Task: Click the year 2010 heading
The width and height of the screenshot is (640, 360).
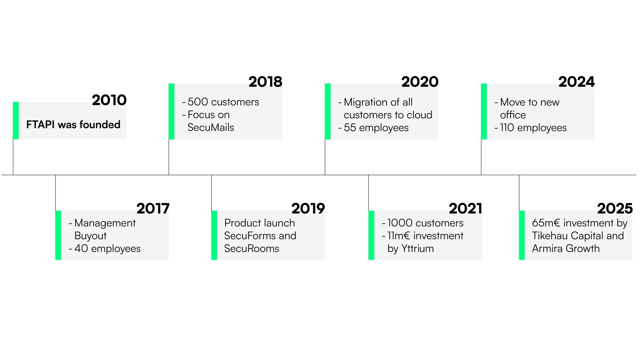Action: pos(109,100)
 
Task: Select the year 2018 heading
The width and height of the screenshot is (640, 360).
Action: pos(265,82)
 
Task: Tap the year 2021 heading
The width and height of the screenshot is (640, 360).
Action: pos(465,208)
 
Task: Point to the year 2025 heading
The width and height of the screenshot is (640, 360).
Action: pos(615,208)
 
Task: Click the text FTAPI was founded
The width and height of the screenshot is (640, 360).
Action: pos(73,125)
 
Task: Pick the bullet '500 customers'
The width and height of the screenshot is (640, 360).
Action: pos(223,102)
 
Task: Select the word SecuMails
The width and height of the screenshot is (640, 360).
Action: pos(211,127)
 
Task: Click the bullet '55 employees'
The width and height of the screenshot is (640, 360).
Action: pos(376,128)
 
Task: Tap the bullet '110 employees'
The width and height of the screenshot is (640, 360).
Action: pos(533,128)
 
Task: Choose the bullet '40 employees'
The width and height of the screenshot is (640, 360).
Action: pos(107,248)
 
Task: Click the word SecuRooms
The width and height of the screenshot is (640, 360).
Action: pos(252,248)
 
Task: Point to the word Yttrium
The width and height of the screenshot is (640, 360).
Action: pos(417,248)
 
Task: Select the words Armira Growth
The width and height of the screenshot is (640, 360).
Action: pos(566,248)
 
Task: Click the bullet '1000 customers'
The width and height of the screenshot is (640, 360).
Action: pos(425,223)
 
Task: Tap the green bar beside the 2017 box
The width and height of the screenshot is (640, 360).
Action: pos(58,235)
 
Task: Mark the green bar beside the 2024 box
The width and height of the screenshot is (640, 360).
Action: pos(484,111)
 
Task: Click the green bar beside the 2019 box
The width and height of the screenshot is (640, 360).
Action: pos(214,235)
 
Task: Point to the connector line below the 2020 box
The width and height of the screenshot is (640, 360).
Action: pos(325,157)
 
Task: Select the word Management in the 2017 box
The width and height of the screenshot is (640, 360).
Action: pos(105,223)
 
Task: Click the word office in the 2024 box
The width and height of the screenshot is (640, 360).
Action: pos(513,115)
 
